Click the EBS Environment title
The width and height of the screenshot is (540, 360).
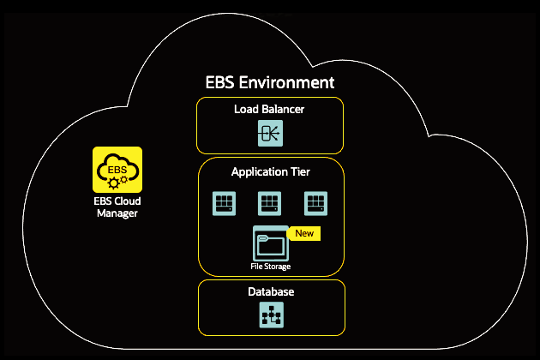coord(270,83)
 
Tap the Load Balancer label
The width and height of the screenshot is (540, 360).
coord(269,110)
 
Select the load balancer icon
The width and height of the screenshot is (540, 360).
coord(271,135)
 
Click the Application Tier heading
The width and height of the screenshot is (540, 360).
coord(271,172)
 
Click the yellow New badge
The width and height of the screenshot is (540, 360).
coord(304,233)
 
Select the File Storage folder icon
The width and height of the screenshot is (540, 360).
coord(270,243)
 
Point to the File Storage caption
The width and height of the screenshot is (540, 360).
coord(270,267)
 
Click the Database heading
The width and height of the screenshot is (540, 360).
coord(271,292)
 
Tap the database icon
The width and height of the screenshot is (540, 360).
coord(271,316)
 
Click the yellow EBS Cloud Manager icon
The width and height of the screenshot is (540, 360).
coord(117,169)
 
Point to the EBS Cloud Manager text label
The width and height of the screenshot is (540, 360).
coord(117,207)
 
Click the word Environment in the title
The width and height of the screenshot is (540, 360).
coord(288,83)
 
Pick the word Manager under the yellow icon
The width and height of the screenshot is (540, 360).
coord(117,213)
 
